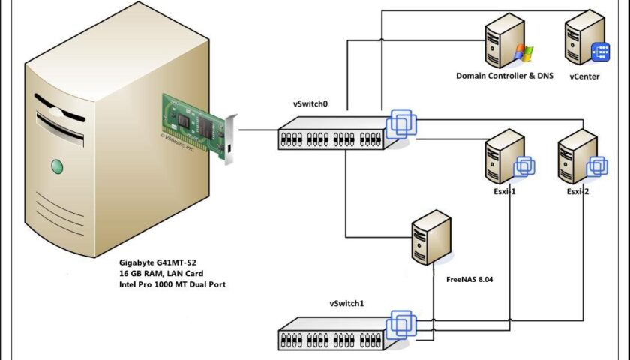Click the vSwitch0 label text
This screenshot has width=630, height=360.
click(311, 102)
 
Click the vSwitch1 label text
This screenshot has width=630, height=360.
click(347, 304)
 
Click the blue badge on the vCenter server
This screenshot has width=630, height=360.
click(600, 52)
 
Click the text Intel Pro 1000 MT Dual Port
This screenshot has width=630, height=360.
click(172, 285)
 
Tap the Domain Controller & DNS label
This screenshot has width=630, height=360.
click(504, 76)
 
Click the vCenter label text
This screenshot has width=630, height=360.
click(584, 76)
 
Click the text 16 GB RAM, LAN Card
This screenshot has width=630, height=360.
click(160, 274)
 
